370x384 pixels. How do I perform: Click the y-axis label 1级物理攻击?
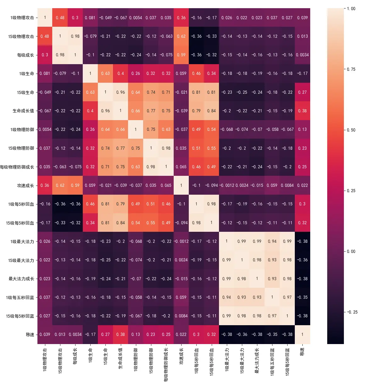tap(22, 18)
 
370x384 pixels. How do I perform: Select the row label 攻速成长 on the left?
tap(25, 186)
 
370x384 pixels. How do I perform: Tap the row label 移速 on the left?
tap(30, 335)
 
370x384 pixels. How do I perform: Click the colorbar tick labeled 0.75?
tap(351, 69)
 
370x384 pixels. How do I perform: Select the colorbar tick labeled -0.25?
tap(352, 312)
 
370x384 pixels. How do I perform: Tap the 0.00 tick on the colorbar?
tap(351, 251)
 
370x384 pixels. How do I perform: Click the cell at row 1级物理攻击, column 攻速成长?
tap(181, 18)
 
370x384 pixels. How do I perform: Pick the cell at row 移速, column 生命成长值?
tap(121, 335)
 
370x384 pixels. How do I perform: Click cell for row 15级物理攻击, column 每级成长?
tap(75, 36)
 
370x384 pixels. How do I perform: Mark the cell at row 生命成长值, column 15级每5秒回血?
tap(211, 111)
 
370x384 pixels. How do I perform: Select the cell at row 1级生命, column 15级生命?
tap(105, 74)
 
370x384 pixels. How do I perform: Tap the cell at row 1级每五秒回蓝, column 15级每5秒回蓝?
tap(287, 297)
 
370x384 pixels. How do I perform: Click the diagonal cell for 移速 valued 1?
tap(302, 335)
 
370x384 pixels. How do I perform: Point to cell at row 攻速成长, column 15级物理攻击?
tap(60, 186)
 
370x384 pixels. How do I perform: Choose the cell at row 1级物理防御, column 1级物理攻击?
tap(45, 130)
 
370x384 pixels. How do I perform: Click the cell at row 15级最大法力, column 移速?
tap(302, 260)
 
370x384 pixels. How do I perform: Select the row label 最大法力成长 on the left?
tap(21, 279)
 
